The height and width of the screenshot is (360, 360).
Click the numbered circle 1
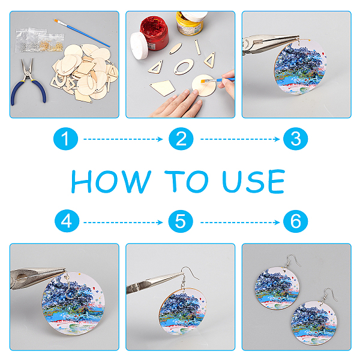tap(65, 139)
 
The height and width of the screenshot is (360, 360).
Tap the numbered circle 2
tap(181, 139)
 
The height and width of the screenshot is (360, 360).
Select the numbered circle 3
tap(295, 139)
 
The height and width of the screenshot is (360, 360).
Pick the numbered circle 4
tap(67, 221)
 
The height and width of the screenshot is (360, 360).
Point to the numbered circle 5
tap(181, 221)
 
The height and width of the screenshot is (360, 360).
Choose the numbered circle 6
tap(295, 221)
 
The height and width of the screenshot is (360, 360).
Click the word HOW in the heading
tap(111, 182)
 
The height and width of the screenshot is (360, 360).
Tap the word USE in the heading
tap(253, 181)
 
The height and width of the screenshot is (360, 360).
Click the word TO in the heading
tap(187, 181)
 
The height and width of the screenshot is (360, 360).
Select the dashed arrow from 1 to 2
tap(123, 139)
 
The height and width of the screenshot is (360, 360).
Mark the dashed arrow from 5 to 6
tap(240, 222)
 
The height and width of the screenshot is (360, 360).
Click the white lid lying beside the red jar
tap(139, 46)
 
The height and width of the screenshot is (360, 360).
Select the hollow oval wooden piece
tap(184, 67)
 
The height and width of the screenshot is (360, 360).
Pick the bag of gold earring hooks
tap(51, 43)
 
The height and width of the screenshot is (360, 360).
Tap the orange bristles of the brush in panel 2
tap(203, 81)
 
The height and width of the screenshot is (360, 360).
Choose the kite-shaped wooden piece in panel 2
tap(163, 88)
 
